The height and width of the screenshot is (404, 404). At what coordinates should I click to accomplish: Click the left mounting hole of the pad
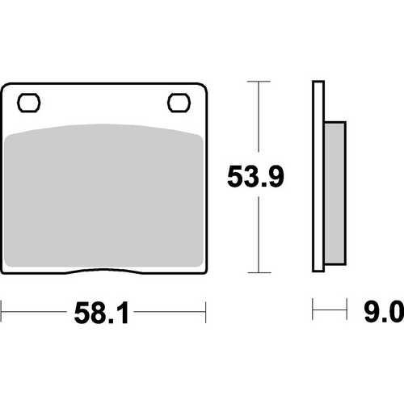[x=30, y=103]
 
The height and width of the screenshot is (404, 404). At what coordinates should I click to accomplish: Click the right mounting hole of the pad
[x=177, y=103]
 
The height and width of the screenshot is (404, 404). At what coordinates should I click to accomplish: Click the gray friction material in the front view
[x=103, y=194]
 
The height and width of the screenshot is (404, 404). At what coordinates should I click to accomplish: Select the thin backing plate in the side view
[x=317, y=178]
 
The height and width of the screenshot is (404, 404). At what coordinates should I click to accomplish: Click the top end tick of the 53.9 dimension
[x=258, y=82]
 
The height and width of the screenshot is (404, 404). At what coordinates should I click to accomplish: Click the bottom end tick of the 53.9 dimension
[x=258, y=273]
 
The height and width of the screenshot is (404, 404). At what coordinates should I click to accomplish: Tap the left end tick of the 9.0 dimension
[x=314, y=309]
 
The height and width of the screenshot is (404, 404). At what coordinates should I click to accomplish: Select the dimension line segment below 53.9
[x=258, y=234]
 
